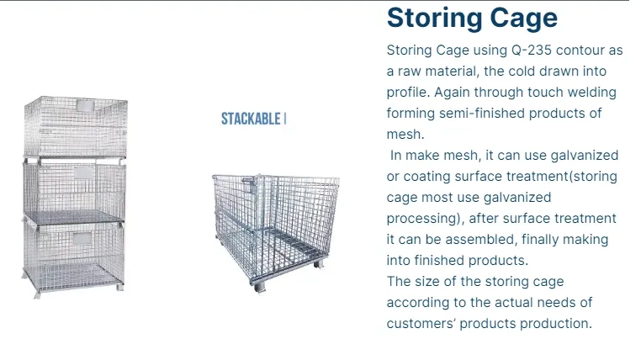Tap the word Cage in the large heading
click(523, 18)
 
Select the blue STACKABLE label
click(252, 119)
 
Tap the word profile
click(407, 92)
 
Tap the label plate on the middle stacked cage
click(84, 172)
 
